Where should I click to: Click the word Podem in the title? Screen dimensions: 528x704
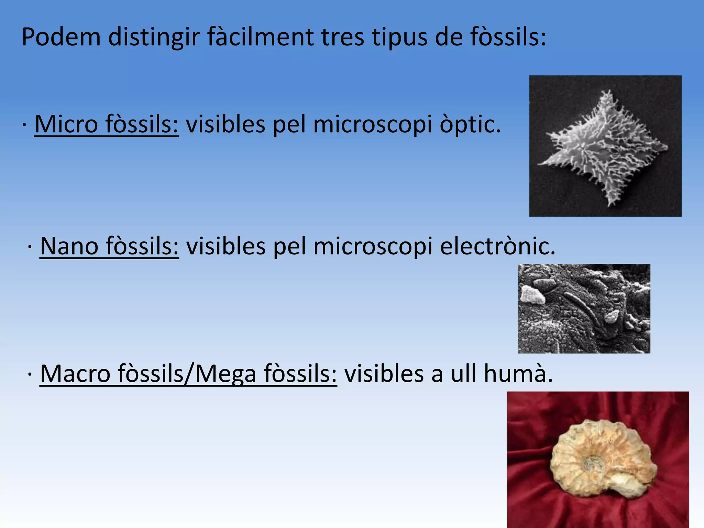coord(61,37)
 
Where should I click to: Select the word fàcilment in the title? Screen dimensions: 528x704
coord(260,37)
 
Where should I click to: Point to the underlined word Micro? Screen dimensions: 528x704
coord(66,124)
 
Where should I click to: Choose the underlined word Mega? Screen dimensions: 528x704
coord(225,374)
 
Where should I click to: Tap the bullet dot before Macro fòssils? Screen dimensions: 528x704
coord(30,375)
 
